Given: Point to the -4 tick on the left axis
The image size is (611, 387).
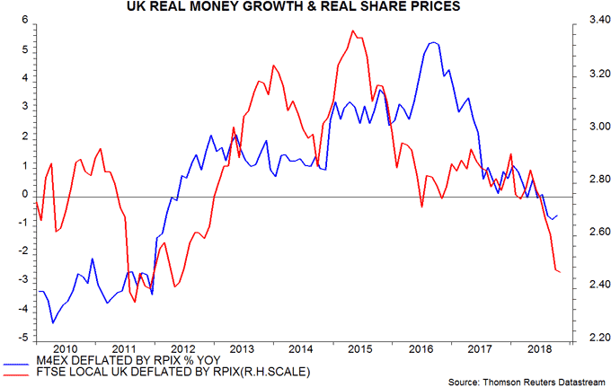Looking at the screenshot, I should click(x=22, y=310).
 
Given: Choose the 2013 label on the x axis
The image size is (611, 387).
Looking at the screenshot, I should click(x=241, y=348).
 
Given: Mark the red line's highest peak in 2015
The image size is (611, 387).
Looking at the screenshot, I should click(x=353, y=31).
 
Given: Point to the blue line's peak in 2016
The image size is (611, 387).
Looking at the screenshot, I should click(x=433, y=42).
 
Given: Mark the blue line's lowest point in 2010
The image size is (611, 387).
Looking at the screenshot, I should click(x=53, y=322).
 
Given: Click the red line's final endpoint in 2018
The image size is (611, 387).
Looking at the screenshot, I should click(x=559, y=272).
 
